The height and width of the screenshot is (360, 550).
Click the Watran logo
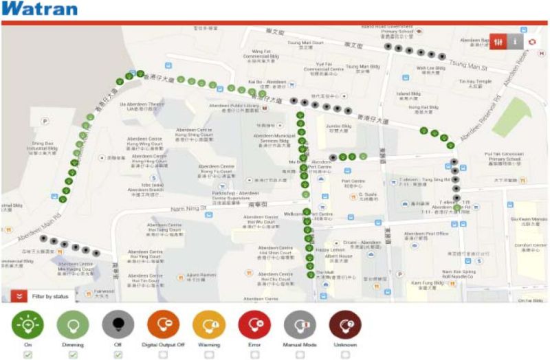[x=39, y=10]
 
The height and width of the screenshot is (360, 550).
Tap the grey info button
[x=515, y=41]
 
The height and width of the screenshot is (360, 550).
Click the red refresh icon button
[x=533, y=41]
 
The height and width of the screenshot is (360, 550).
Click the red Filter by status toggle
[x=20, y=296]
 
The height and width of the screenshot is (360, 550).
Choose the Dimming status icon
[x=72, y=324]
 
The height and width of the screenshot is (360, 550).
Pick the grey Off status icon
[x=118, y=324]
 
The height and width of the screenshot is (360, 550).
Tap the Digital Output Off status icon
[x=163, y=324]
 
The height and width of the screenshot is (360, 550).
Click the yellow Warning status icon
[x=208, y=324]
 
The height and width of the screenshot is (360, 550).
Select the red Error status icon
[x=254, y=324]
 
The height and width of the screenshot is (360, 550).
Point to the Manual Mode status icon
[x=300, y=324]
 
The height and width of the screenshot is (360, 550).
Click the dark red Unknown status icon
[x=345, y=324]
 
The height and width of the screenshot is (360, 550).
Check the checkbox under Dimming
[x=72, y=355]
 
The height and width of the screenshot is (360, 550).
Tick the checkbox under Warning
[x=208, y=355]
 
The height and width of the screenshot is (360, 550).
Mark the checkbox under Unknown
[x=345, y=355]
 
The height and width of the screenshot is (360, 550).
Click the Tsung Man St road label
[x=467, y=65]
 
